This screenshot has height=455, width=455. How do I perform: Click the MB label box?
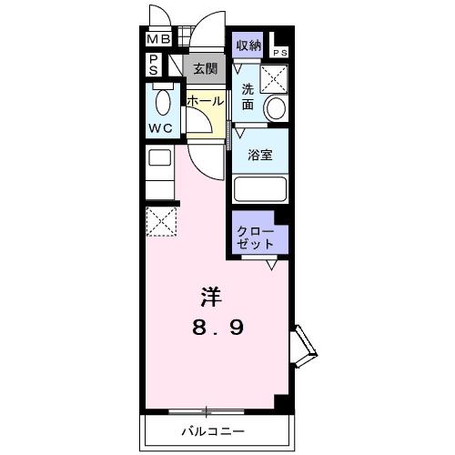tap(158, 39)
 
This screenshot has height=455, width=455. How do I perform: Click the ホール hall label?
tap(205, 100)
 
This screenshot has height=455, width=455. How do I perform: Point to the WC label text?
tap(161, 127)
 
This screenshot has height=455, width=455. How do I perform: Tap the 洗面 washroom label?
tap(247, 97)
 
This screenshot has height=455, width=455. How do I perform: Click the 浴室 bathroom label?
tap(260, 154)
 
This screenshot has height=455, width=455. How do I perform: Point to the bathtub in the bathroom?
tap(260, 189)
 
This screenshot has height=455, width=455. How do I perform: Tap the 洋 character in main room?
tap(211, 297)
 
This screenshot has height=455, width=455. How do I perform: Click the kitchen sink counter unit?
tap(160, 168)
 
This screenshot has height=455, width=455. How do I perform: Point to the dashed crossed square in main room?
tap(161, 222)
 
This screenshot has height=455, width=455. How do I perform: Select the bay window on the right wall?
tap(302, 347)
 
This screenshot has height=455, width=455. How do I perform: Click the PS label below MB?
tap(154, 65)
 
